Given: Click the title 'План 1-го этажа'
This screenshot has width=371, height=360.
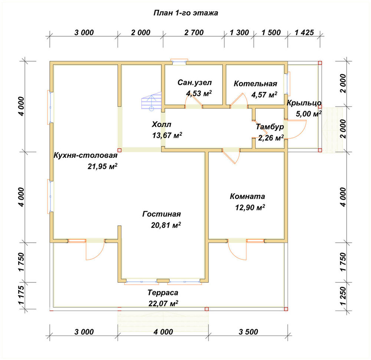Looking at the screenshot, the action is [x=186, y=13].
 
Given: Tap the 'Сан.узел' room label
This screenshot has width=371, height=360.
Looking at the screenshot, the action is [x=194, y=82].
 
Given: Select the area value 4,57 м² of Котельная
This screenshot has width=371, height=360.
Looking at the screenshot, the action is [x=264, y=95].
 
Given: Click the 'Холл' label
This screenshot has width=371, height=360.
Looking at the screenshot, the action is [x=161, y=124].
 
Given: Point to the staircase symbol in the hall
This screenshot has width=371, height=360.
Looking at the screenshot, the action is [x=151, y=101].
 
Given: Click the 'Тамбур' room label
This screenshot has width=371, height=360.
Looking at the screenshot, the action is [x=270, y=127].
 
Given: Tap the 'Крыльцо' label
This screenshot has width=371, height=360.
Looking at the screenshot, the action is [x=304, y=103].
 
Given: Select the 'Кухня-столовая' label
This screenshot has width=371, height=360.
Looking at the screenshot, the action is [x=85, y=155].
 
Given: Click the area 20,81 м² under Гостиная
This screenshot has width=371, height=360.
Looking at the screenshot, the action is [x=166, y=225].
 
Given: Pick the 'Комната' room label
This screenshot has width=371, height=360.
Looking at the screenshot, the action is [x=247, y=196].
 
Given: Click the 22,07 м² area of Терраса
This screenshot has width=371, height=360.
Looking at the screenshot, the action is [x=163, y=303].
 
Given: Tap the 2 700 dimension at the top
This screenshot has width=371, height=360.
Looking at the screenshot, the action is [x=194, y=32].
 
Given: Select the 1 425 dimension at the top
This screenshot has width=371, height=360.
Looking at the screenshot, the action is [x=304, y=32].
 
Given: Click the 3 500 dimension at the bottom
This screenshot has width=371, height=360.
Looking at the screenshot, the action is [x=248, y=332].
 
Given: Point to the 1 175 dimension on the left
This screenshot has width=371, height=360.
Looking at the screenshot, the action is [x=21, y=295].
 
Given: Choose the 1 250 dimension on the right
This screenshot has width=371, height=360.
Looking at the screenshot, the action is [x=343, y=296].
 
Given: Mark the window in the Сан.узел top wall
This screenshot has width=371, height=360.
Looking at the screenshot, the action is [x=179, y=62].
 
